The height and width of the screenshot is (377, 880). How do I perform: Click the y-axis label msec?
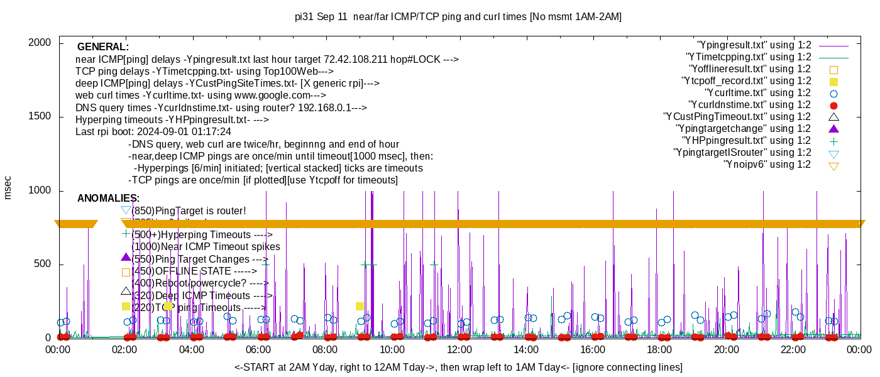tap(8, 187)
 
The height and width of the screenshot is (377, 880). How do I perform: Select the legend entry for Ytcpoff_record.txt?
tap(745, 81)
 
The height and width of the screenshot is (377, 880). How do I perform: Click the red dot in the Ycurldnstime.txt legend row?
tap(833, 105)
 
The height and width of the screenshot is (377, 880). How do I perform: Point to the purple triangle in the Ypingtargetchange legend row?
tap(833, 129)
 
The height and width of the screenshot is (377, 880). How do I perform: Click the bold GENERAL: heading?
tap(103, 47)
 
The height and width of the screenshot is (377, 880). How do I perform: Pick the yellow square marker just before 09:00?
tap(360, 306)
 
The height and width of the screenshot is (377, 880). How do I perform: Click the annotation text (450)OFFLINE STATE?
tap(194, 271)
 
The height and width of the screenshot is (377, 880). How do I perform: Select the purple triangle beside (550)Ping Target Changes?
tap(126, 257)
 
